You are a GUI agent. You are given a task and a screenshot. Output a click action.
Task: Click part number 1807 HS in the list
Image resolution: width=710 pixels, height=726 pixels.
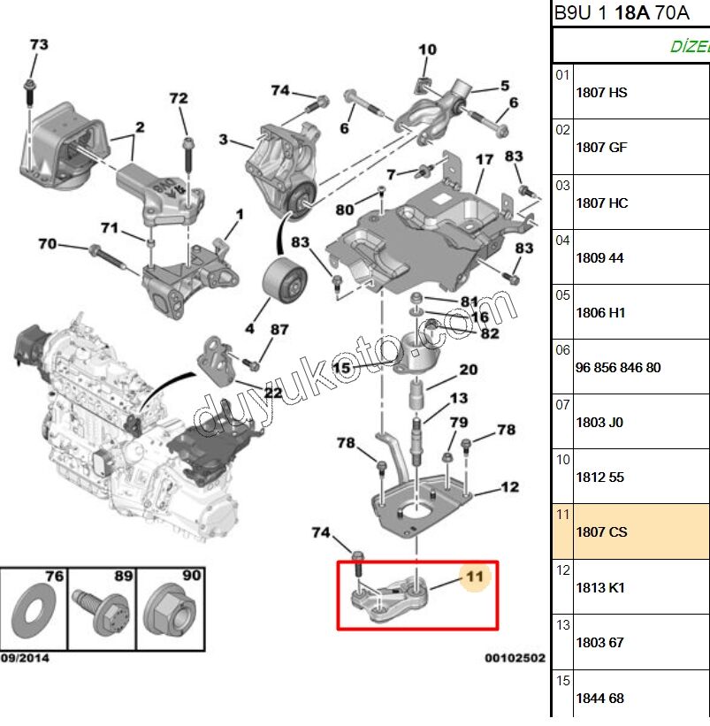601,92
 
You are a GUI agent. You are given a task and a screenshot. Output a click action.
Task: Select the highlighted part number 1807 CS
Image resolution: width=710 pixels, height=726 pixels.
601,532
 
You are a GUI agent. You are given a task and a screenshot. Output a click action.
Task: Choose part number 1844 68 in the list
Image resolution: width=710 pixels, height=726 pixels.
599,698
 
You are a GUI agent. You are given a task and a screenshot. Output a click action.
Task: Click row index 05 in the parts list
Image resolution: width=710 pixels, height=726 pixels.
562,295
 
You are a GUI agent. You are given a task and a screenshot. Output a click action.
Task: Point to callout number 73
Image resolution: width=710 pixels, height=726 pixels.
39,44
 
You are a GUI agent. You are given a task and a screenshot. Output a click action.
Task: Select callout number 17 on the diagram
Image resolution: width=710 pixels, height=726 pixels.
484,160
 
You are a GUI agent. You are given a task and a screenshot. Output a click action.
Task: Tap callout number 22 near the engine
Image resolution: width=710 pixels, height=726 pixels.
272,392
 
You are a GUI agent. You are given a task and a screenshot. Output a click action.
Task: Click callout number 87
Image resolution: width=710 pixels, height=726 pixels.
279,330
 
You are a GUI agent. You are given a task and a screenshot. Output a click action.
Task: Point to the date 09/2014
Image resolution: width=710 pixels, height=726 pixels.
25,658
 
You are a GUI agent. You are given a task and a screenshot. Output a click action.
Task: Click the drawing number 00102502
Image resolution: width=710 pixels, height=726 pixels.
514,658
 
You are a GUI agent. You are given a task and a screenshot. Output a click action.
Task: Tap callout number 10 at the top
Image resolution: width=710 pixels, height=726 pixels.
427,50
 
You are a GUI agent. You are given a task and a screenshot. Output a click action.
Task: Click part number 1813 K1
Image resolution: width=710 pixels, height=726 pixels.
600,587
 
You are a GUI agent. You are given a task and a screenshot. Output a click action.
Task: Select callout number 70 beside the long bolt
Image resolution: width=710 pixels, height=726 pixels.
47,243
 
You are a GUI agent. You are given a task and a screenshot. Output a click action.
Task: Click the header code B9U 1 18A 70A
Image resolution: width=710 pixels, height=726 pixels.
623,13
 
